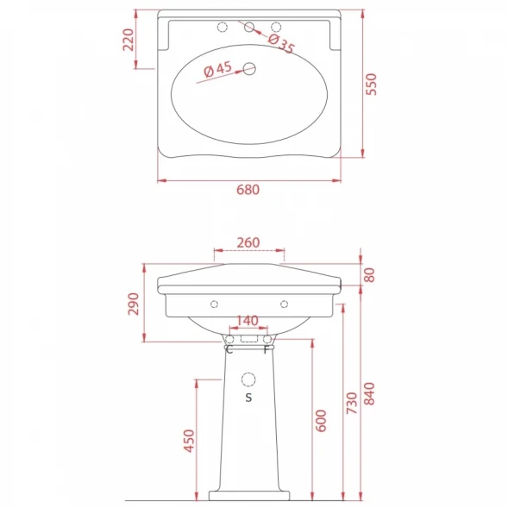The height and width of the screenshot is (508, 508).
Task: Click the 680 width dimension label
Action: [248, 190]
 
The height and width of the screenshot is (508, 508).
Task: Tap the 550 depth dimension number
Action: [371, 85]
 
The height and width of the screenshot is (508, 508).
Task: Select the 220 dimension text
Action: [129, 40]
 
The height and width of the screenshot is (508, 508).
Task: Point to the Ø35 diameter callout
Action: [281, 43]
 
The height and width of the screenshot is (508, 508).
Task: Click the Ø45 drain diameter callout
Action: [217, 69]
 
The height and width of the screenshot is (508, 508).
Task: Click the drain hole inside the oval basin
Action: [249, 69]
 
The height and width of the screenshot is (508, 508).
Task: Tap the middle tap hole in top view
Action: [249, 27]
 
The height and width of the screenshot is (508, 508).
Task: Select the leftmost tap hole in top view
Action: [223, 28]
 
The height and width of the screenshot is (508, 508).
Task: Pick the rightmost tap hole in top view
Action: [276, 27]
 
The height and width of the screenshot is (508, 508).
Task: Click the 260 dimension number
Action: [248, 242]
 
